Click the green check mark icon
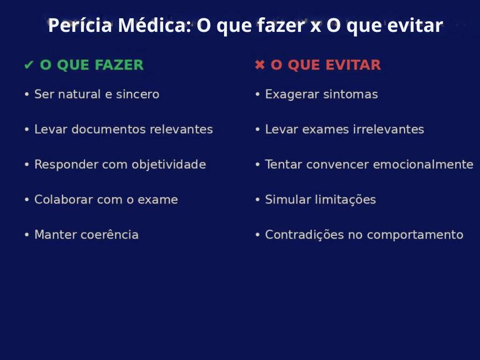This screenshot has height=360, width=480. [29, 65]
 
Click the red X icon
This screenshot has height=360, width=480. [260, 65]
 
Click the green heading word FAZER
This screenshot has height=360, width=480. [119, 65]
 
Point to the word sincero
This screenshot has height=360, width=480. [138, 94]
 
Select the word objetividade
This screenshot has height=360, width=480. [169, 165]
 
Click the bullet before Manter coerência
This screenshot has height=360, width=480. [27, 235]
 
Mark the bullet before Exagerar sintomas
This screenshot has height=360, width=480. [257, 94]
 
